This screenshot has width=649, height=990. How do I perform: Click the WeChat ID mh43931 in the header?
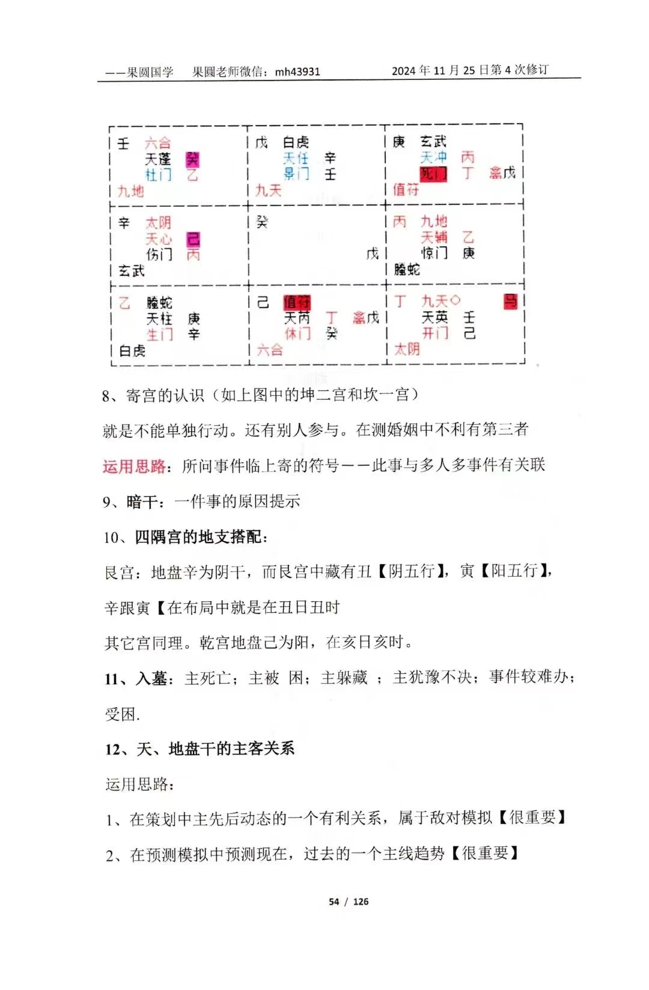point(297,71)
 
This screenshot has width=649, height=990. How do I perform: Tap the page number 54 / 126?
point(349,902)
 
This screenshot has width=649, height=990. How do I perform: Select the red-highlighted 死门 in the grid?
point(433,174)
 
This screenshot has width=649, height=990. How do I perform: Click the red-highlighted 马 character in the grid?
point(510,301)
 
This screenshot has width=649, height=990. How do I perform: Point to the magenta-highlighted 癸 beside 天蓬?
point(192,159)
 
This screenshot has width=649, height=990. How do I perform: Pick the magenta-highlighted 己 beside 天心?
point(193,239)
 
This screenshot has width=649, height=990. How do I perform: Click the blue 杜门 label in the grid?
point(158,175)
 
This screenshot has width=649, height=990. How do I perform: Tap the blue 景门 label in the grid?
point(296,174)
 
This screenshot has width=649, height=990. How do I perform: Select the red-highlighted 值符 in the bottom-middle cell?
point(297,302)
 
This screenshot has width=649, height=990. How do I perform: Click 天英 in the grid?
point(434,317)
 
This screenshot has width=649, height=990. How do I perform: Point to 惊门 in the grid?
point(434,253)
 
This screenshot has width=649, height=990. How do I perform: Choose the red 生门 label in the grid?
point(159,335)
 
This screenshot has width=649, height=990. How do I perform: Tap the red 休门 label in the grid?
point(297,333)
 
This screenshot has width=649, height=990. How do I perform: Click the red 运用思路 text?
point(134,466)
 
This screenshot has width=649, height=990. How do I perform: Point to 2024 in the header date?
point(404,71)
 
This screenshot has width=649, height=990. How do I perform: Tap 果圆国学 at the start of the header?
point(150,72)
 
